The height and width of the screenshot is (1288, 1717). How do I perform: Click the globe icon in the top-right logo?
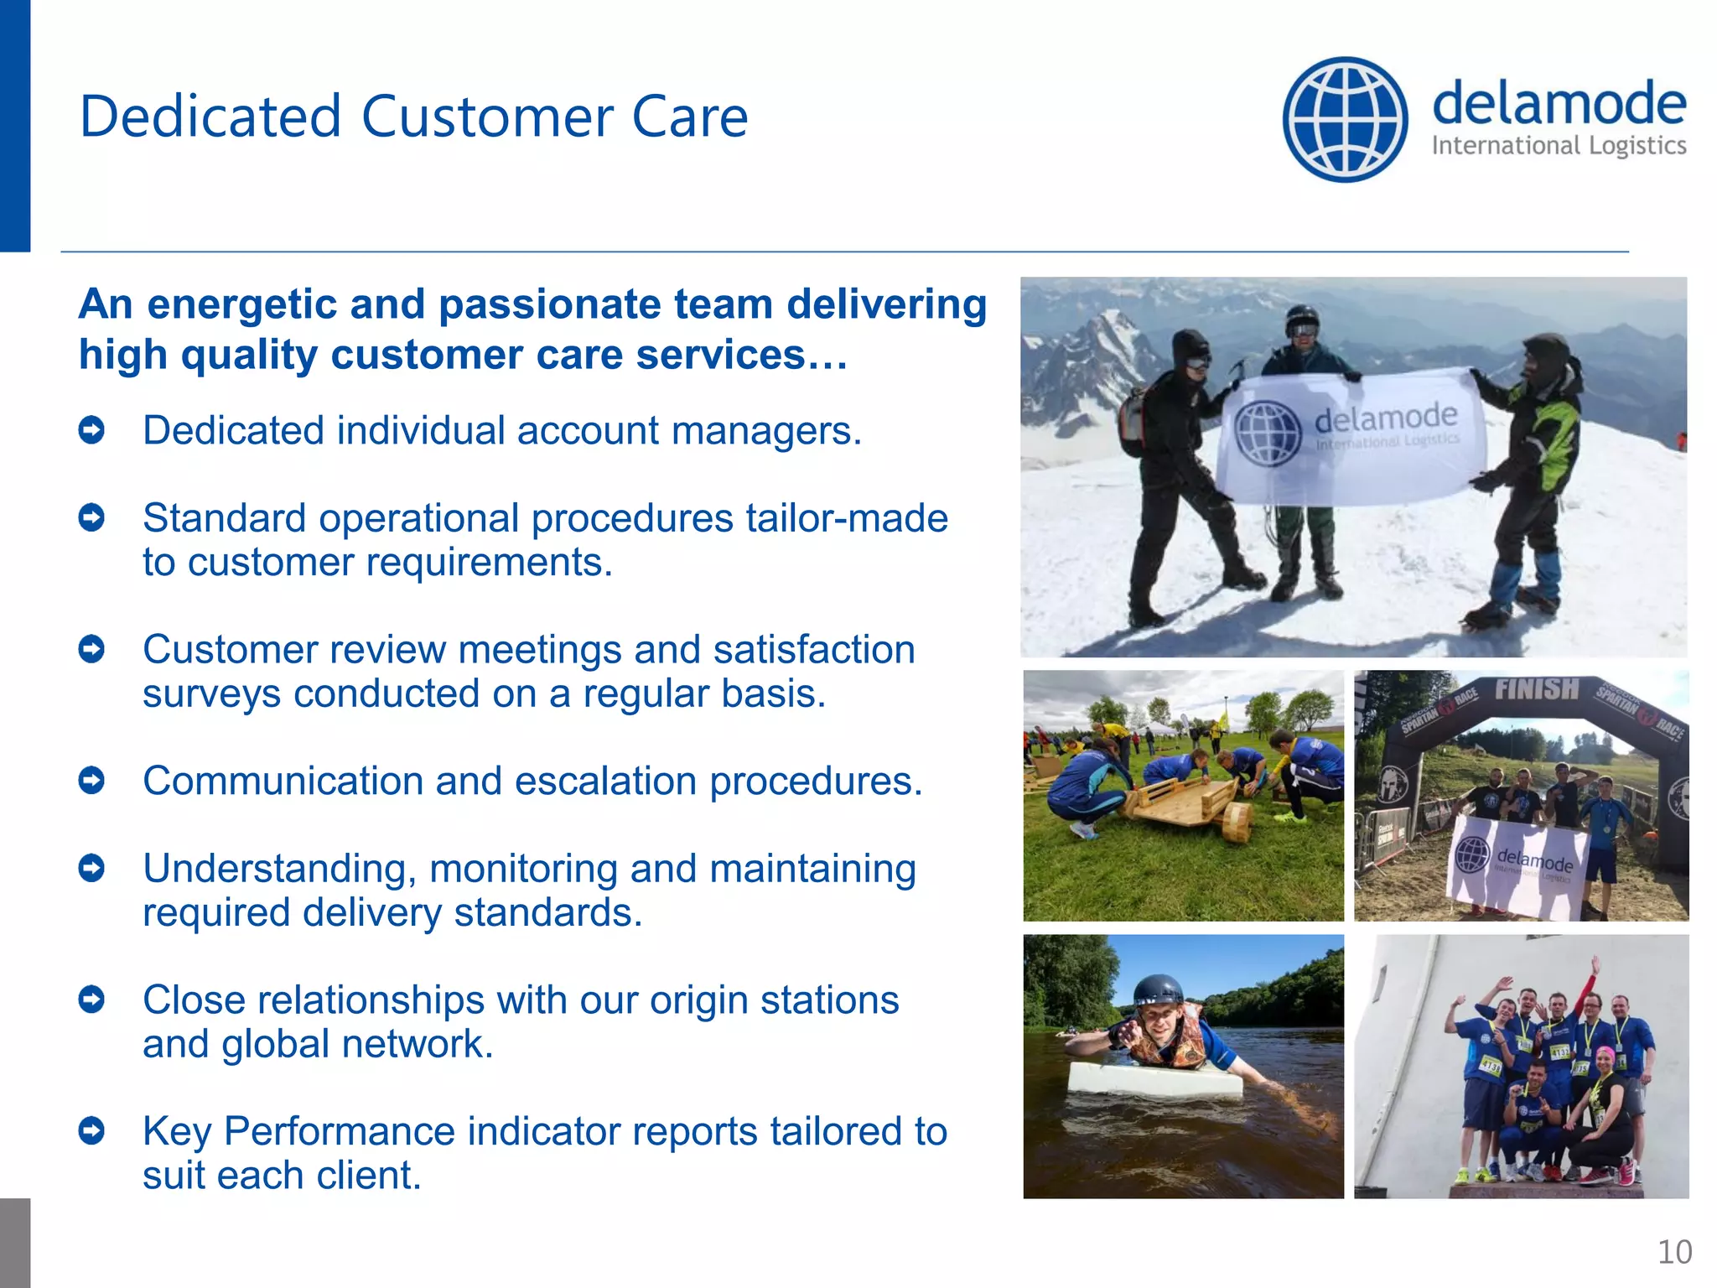pyautogui.click(x=1345, y=119)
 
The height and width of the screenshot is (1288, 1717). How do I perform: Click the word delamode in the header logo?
pyautogui.click(x=1559, y=104)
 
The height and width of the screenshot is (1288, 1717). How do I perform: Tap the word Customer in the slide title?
pyautogui.click(x=487, y=117)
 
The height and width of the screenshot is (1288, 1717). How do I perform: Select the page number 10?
pyautogui.click(x=1674, y=1252)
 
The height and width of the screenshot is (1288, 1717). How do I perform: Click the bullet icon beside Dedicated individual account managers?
pyautogui.click(x=91, y=431)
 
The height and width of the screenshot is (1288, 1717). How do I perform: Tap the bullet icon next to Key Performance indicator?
pyautogui.click(x=91, y=1131)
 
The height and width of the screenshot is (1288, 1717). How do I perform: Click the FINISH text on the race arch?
pyautogui.click(x=1536, y=689)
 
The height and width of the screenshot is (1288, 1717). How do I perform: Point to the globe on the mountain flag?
pyautogui.click(x=1268, y=434)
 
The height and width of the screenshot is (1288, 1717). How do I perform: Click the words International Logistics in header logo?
pyautogui.click(x=1559, y=147)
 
